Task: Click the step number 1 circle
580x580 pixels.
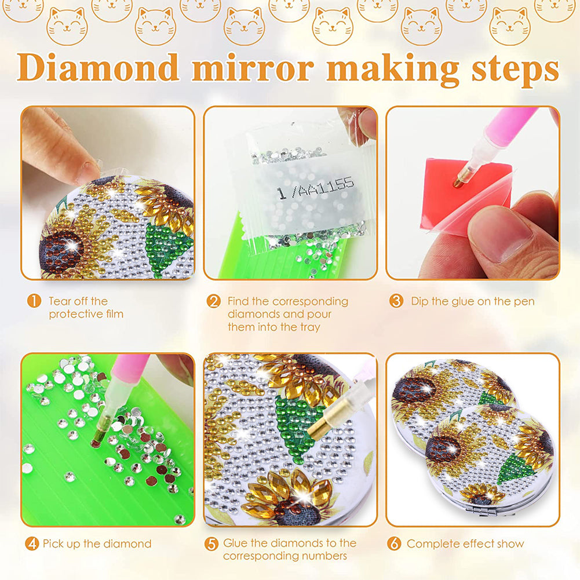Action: [x=34, y=301]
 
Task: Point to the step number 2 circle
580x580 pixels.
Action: [x=214, y=301]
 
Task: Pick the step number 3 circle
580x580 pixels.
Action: [x=396, y=301]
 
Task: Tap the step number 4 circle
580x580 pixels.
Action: [x=32, y=543]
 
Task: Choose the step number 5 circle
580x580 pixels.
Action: [x=212, y=543]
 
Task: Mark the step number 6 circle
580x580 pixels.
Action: [x=395, y=543]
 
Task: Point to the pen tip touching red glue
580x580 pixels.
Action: [x=457, y=183]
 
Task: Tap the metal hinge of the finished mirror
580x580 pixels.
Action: [x=484, y=510]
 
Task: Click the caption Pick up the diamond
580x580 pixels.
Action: [x=97, y=543]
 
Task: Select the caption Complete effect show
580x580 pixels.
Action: [x=465, y=543]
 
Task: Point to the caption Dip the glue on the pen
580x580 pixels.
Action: [x=472, y=301]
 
